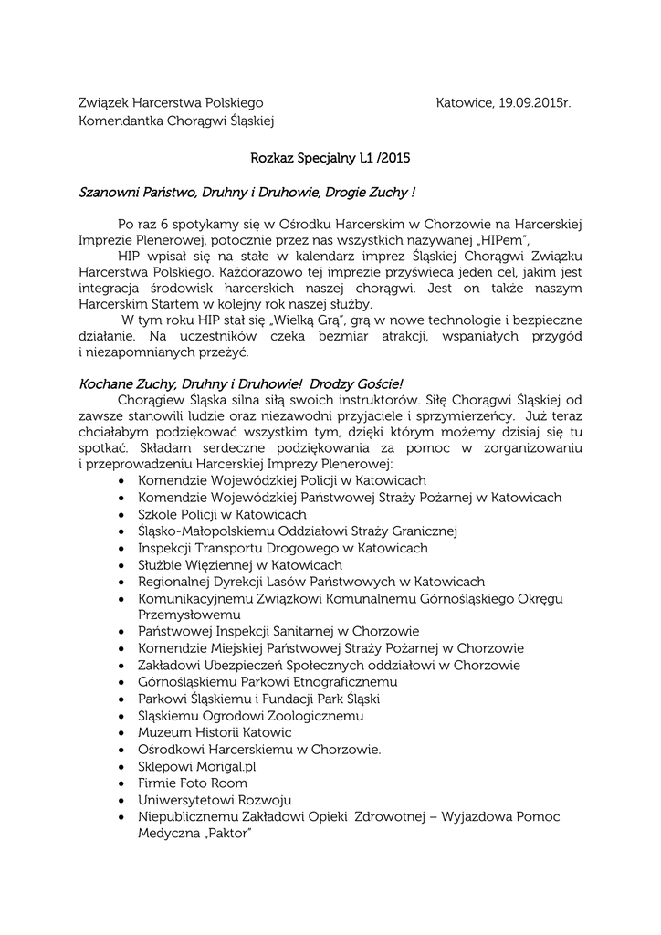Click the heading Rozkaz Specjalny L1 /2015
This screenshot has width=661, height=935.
pyautogui.click(x=330, y=158)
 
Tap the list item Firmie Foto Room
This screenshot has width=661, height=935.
pyautogui.click(x=193, y=783)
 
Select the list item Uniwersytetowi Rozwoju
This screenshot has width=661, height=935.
pyautogui.click(x=215, y=800)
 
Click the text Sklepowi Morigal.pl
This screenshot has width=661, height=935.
pyautogui.click(x=197, y=766)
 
